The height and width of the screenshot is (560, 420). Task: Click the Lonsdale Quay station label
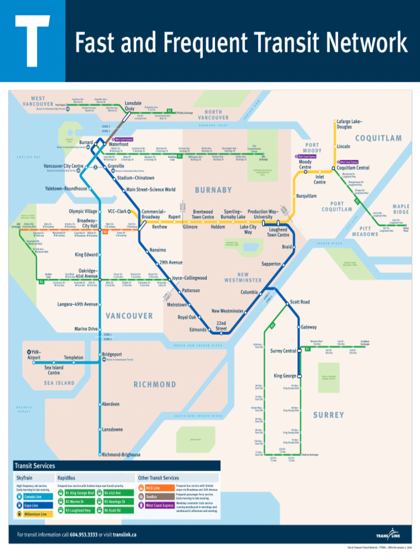(x=133, y=106)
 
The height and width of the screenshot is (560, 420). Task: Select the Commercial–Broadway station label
(x=151, y=214)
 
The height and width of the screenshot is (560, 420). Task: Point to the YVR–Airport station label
(x=34, y=354)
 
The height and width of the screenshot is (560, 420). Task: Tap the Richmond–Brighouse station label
(x=121, y=454)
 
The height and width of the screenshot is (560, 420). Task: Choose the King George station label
(x=285, y=376)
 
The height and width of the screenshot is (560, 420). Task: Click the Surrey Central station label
(x=283, y=351)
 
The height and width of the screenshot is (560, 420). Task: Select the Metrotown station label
(x=177, y=304)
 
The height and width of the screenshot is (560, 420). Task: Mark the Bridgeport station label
(x=112, y=354)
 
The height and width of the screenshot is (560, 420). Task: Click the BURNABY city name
(x=213, y=190)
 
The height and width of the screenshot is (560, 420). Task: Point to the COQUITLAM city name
(x=378, y=138)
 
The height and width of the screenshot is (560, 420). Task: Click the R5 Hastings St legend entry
(x=114, y=501)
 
